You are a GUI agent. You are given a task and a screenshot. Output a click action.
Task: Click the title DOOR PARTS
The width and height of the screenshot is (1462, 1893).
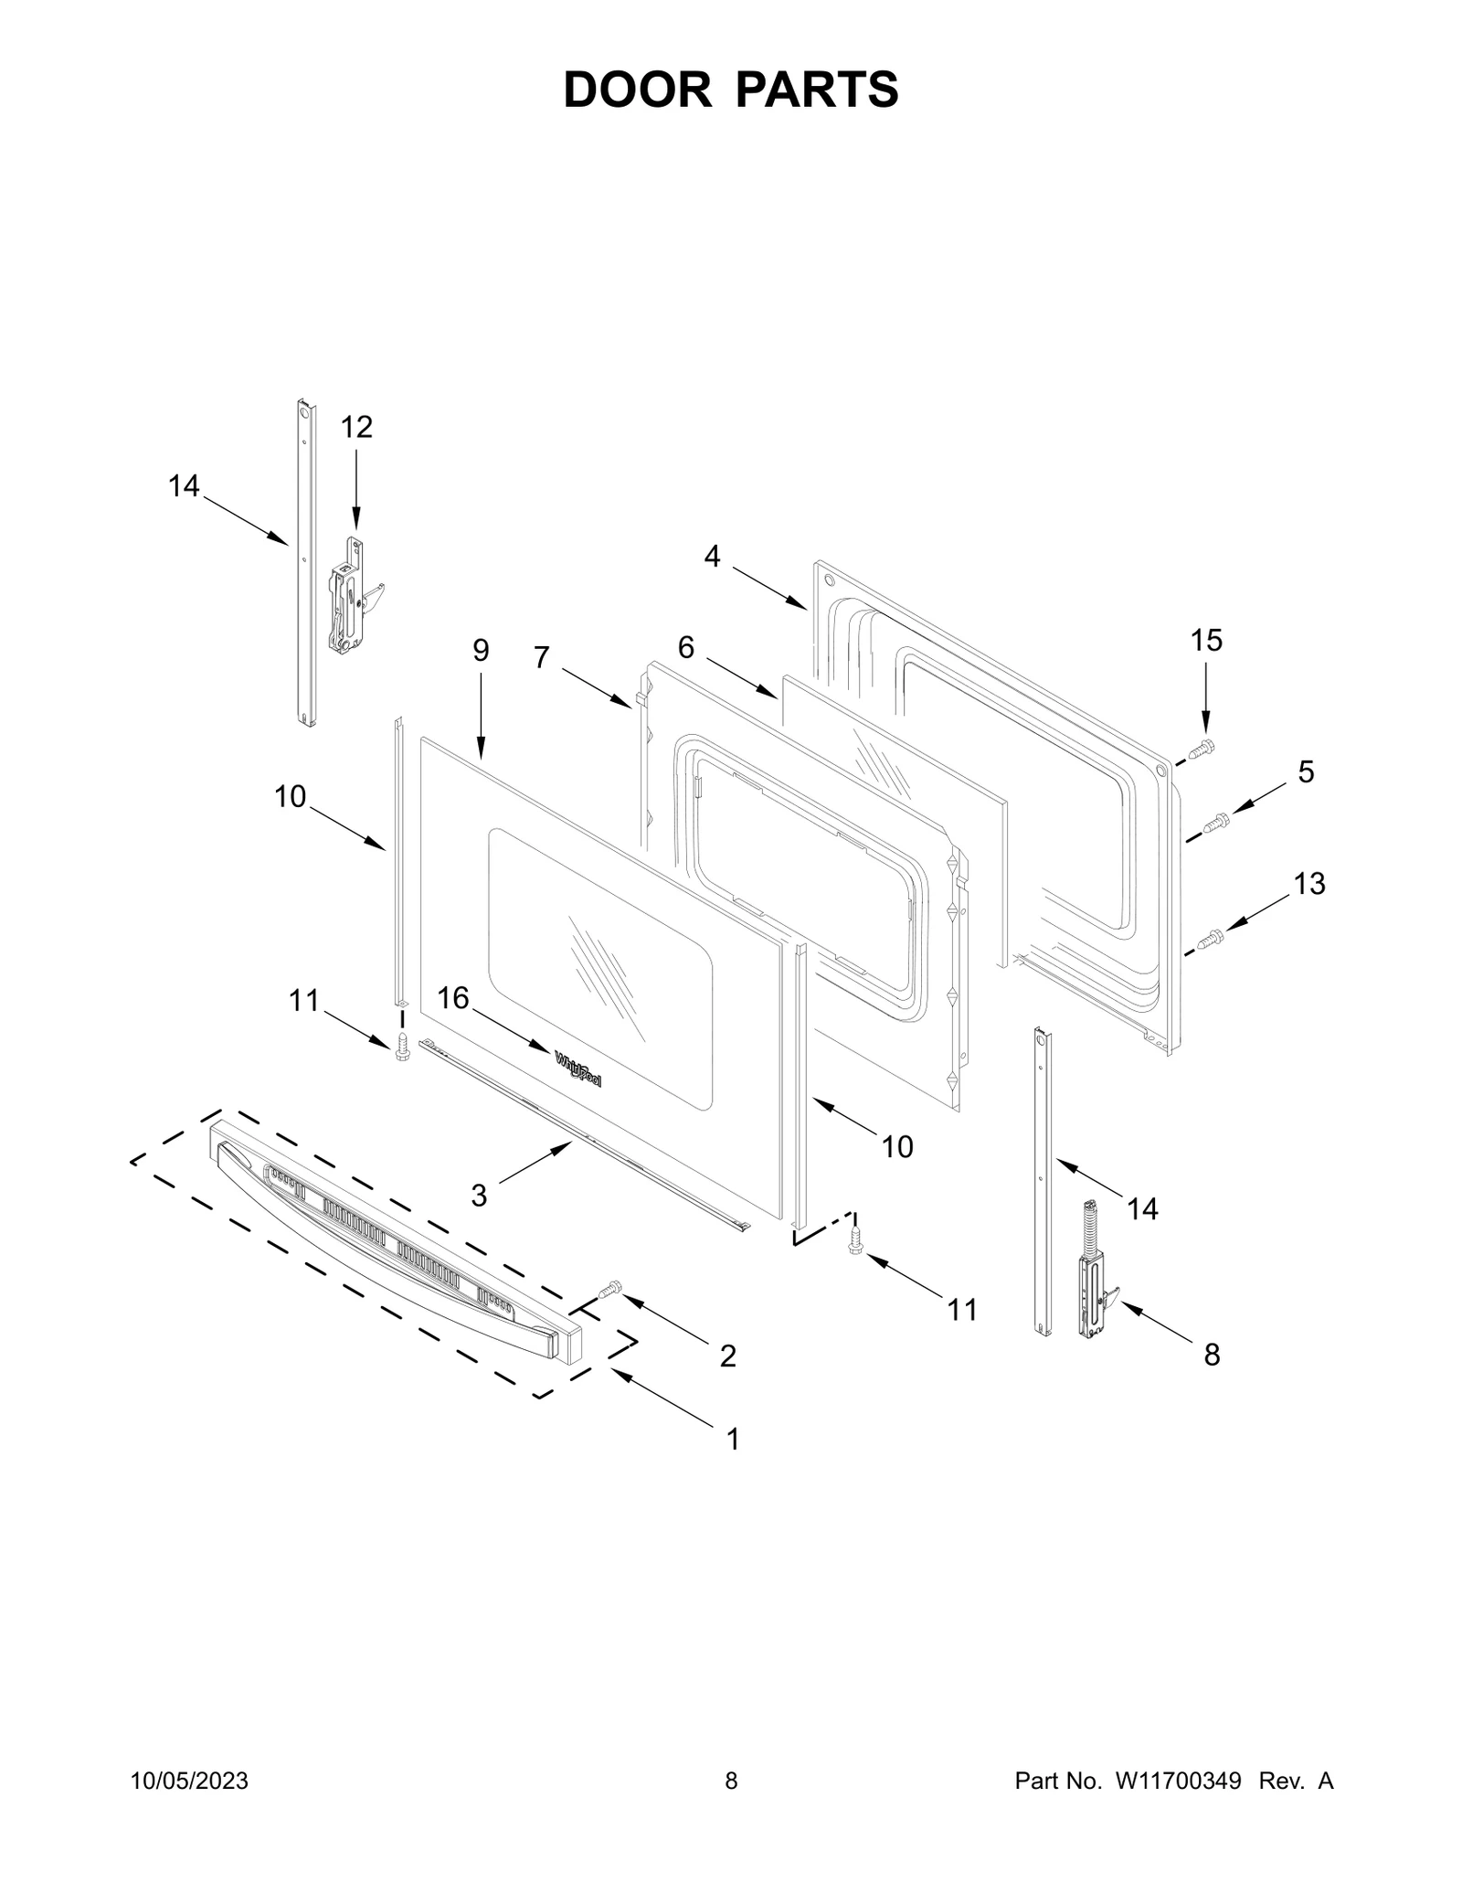[731, 90]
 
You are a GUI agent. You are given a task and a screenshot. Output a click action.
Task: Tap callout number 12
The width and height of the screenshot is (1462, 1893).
[357, 427]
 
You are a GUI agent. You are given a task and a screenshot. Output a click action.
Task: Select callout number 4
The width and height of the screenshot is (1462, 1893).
[712, 555]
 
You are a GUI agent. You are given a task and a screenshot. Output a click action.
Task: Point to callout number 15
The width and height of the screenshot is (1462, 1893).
[1206, 641]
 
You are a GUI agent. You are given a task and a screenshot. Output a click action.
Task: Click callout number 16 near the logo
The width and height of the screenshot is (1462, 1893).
[453, 997]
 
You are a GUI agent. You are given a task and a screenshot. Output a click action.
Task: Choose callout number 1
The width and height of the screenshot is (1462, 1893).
[732, 1440]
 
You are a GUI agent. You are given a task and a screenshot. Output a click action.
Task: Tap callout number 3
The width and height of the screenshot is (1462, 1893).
[479, 1195]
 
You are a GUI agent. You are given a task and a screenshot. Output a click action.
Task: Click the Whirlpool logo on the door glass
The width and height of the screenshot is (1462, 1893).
[578, 1069]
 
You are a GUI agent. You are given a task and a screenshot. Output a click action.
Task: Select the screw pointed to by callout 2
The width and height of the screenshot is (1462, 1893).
[609, 1290]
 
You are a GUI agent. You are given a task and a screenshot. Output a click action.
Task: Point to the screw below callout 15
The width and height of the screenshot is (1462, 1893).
[1201, 750]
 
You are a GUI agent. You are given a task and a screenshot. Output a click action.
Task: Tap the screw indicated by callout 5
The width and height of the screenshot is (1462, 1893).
[1215, 824]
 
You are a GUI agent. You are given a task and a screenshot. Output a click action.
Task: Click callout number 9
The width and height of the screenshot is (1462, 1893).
[481, 651]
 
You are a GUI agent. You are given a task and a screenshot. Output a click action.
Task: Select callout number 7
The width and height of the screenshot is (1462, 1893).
[542, 656]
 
